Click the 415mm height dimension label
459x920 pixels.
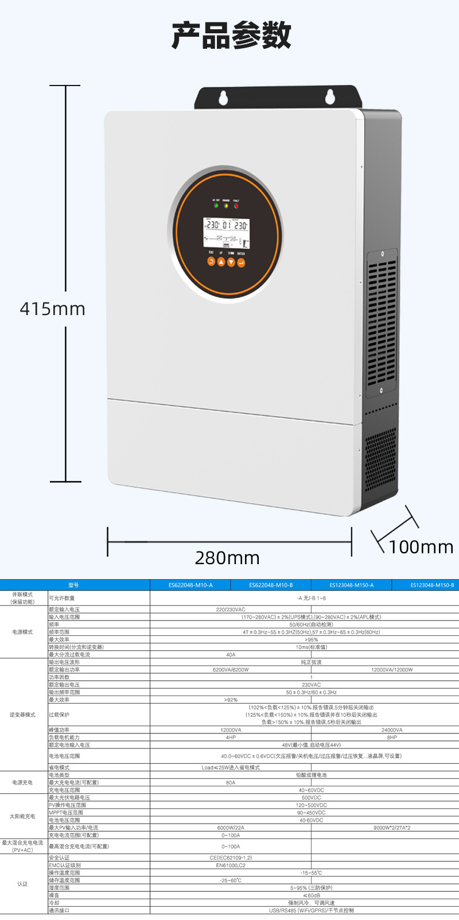pos(52,309)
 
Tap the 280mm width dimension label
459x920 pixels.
pos(227,558)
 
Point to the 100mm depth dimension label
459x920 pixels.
pos(421,547)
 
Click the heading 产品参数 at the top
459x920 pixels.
pos(231,36)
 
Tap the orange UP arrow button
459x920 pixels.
pos(221,262)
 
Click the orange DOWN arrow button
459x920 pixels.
pos(231,262)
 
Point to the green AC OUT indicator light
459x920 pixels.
pos(216,205)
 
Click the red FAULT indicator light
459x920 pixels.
pos(236,205)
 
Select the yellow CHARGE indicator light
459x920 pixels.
pos(226,205)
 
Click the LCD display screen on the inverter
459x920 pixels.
pos(227,232)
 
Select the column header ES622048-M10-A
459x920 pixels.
pos(190,585)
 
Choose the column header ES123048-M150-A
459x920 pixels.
pos(351,585)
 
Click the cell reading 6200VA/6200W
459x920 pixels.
pos(231,670)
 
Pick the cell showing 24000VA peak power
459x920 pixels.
pos(392,730)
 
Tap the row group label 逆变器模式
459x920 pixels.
pos(22,715)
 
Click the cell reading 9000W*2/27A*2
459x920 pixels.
pos(392,828)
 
